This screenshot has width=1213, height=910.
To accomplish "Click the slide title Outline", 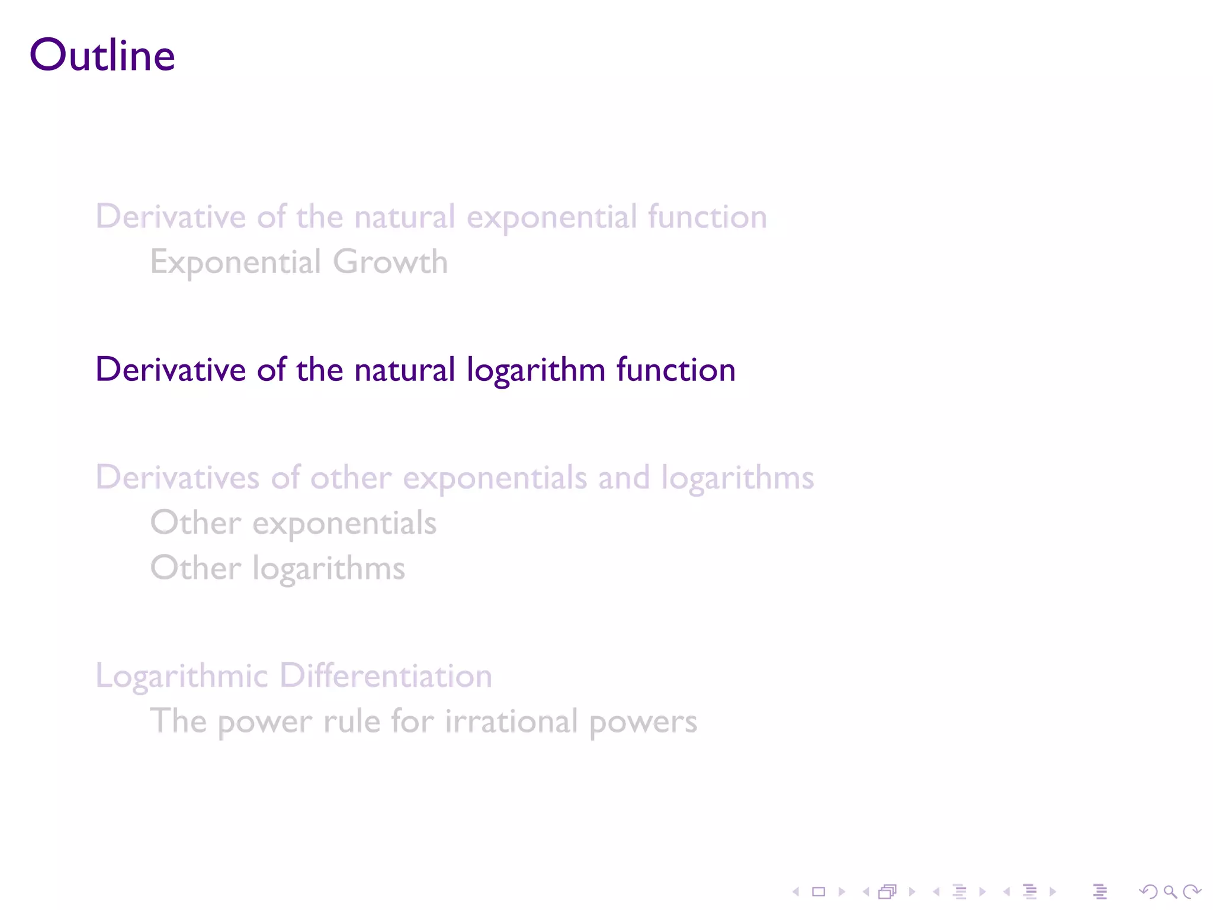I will tap(102, 55).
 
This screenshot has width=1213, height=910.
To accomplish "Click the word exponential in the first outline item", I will tap(551, 217).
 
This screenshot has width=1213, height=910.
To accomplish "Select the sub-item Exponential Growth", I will tap(299, 262).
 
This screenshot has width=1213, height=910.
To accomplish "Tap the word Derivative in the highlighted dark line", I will tap(171, 370).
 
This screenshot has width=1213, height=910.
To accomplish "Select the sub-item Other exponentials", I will tap(293, 523).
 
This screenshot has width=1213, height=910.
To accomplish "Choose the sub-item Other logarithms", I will tap(277, 569).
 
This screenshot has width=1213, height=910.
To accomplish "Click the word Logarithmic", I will tap(182, 677).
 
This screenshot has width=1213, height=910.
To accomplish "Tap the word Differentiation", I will tap(386, 675).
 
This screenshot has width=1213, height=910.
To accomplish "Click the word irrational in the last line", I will tap(511, 722).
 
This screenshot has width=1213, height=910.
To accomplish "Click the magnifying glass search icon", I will tap(1170, 892).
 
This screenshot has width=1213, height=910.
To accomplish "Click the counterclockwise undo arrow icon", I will tap(1148, 892).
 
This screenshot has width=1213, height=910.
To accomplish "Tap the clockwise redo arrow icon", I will tap(1192, 892).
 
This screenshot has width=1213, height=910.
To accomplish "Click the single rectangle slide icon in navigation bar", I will tap(819, 892).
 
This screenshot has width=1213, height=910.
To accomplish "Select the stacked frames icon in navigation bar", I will tap(888, 892).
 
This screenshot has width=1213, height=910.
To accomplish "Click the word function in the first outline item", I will tap(707, 217).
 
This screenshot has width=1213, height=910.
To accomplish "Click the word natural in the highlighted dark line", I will tap(405, 370).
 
